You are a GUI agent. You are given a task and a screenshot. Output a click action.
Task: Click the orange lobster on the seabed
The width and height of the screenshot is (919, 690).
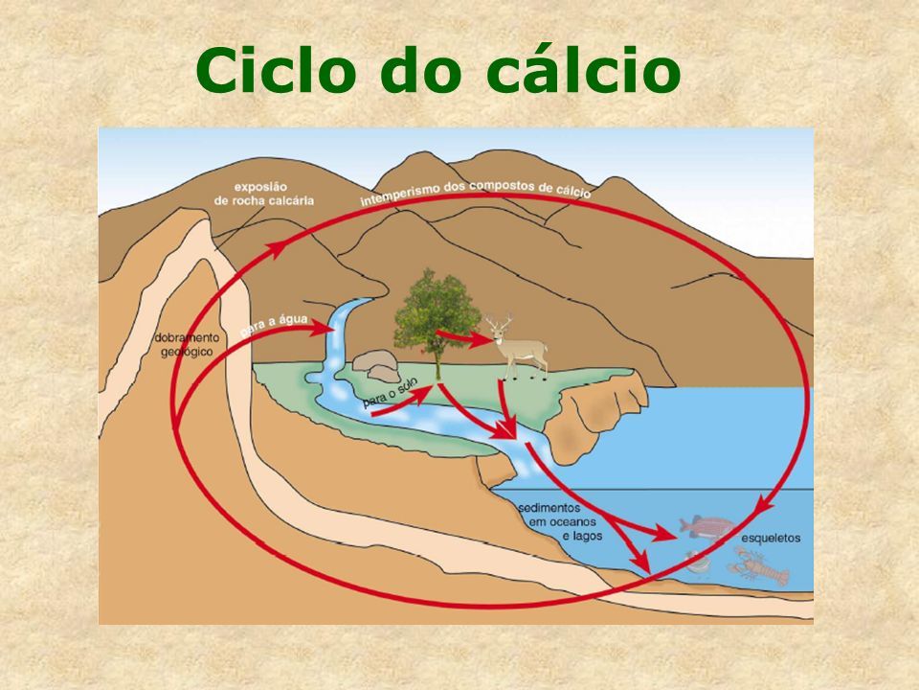click(761, 569)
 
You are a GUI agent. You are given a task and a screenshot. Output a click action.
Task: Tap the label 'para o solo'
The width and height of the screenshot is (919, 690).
click(392, 389)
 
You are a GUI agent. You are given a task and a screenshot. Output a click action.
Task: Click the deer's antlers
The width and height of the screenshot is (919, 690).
click(499, 322)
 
